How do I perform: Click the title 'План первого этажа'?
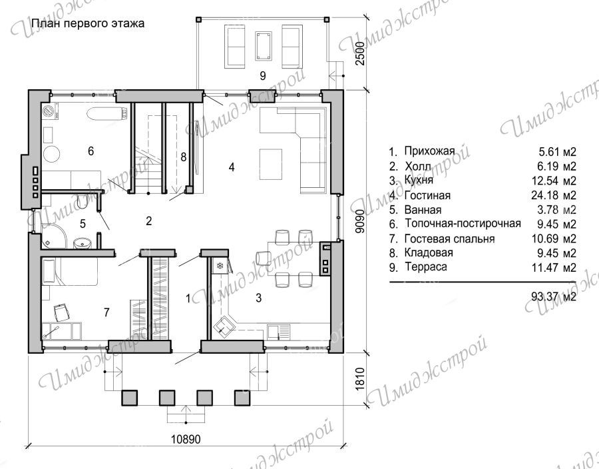pyautogui.click(x=87, y=24)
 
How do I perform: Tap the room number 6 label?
pyautogui.click(x=91, y=151)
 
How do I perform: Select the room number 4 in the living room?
pyautogui.click(x=232, y=167)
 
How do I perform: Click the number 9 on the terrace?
pyautogui.click(x=262, y=76)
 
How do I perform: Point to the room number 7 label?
pyautogui.click(x=106, y=312)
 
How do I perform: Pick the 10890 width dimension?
pyautogui.click(x=185, y=439)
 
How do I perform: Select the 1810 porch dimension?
pyautogui.click(x=359, y=379)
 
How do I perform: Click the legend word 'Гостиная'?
pyautogui.click(x=427, y=195)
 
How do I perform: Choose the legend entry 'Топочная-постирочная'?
pyautogui.click(x=463, y=223)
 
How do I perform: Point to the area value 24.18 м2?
pyautogui.click(x=554, y=195)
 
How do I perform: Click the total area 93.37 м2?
pyautogui.click(x=554, y=296)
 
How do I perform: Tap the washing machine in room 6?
pyautogui.click(x=50, y=111)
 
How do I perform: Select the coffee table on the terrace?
pyautogui.click(x=264, y=46)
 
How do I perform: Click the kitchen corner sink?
pyautogui.click(x=224, y=325)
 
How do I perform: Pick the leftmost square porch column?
pyautogui.click(x=129, y=398)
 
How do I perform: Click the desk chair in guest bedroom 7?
pyautogui.click(x=61, y=312)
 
